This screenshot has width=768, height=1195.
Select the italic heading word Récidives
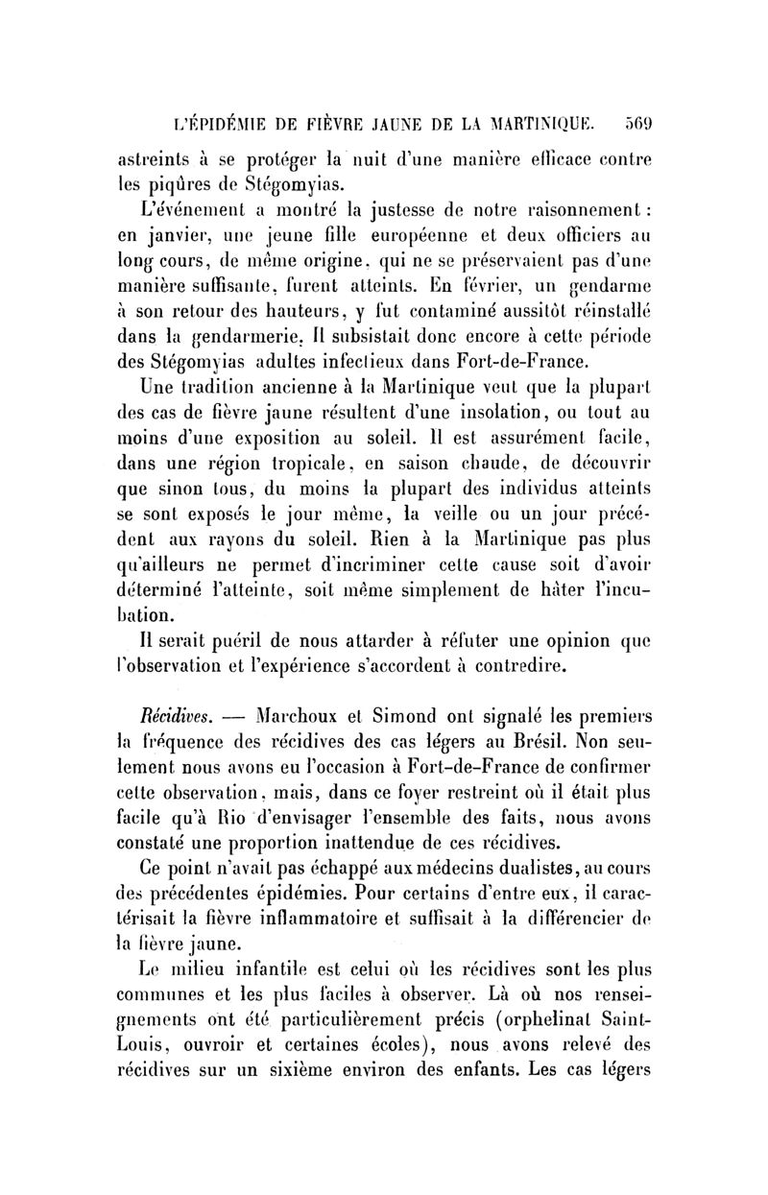pyautogui.click(x=168, y=714)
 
